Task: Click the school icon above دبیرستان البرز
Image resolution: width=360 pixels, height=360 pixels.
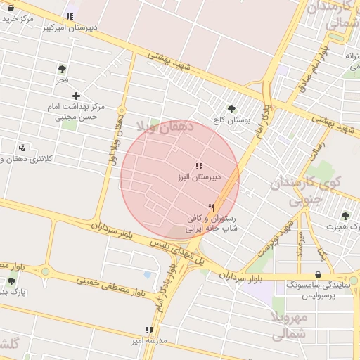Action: pyautogui.click(x=199, y=166)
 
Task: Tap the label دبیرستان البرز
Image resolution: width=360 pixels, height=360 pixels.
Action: pyautogui.click(x=199, y=177)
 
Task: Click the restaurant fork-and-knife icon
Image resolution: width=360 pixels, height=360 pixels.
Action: pyautogui.click(x=211, y=207)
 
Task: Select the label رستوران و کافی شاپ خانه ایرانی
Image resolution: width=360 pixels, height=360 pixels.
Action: pyautogui.click(x=211, y=224)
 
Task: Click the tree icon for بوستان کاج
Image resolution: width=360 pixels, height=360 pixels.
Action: pyautogui.click(x=231, y=109)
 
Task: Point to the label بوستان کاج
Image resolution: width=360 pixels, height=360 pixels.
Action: pyautogui.click(x=231, y=121)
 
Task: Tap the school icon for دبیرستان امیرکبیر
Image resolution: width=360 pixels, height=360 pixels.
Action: pyautogui.click(x=69, y=16)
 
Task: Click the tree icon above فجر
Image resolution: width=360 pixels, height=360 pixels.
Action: pyautogui.click(x=62, y=69)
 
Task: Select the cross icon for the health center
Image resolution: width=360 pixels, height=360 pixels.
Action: pyautogui.click(x=76, y=96)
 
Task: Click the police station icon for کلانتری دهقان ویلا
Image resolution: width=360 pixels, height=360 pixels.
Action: pyautogui.click(x=22, y=148)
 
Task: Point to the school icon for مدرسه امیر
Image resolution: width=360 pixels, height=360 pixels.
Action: pyautogui.click(x=148, y=329)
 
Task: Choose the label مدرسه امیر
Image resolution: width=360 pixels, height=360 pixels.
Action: pyautogui.click(x=148, y=340)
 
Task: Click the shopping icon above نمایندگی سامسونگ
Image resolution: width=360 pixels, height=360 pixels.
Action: pyautogui.click(x=319, y=275)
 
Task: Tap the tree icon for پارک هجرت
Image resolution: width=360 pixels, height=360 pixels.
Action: pyautogui.click(x=345, y=215)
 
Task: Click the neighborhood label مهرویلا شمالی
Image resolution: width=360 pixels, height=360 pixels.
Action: pyautogui.click(x=289, y=326)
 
